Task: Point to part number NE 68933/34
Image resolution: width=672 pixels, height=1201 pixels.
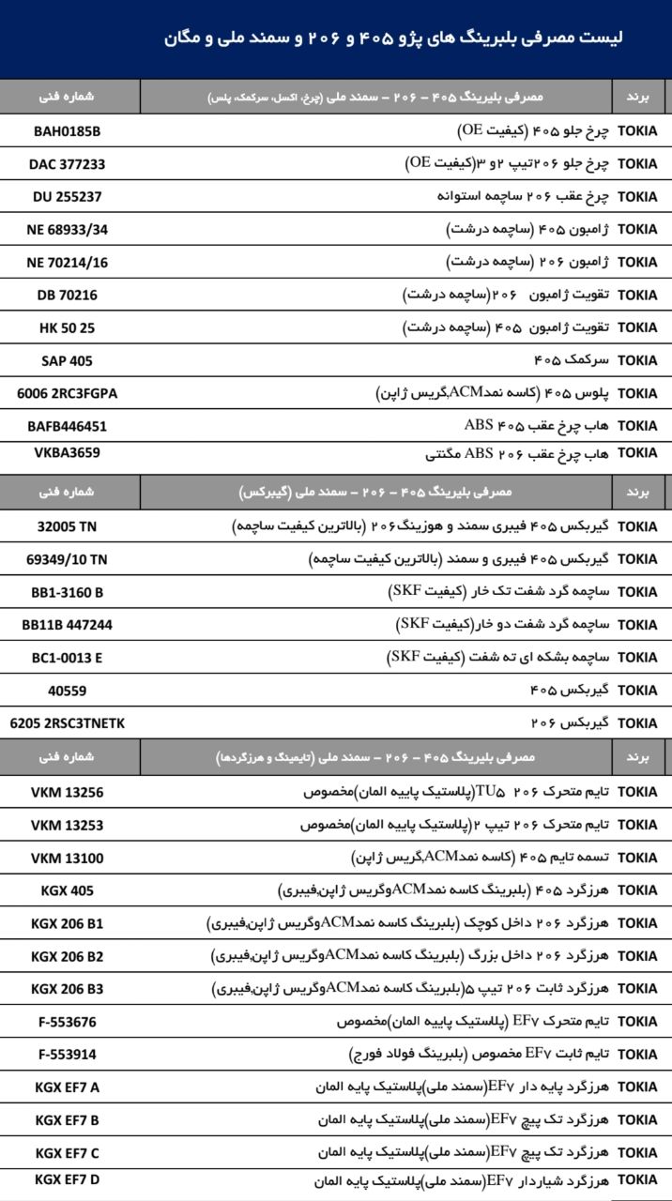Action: click(67, 229)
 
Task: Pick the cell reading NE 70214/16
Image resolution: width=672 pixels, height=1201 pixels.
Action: click(67, 262)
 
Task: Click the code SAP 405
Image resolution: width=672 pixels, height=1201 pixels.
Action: click(67, 360)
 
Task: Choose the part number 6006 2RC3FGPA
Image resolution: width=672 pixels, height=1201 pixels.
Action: click(67, 393)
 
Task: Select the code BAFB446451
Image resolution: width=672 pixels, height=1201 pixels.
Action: click(67, 426)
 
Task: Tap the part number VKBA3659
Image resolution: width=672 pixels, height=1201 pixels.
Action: click(67, 452)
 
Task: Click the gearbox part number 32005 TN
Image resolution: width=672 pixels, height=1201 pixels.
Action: click(67, 526)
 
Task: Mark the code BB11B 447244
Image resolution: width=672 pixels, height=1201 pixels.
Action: click(67, 625)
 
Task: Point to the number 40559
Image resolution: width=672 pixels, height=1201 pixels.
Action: click(67, 691)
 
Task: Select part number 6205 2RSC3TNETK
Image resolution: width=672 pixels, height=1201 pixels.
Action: click(67, 723)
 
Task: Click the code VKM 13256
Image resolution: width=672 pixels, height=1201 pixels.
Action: click(67, 792)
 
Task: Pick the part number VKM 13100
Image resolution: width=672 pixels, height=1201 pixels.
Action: click(67, 858)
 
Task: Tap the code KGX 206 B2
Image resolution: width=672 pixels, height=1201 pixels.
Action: click(67, 956)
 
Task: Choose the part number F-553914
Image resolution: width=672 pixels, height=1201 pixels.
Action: click(67, 1054)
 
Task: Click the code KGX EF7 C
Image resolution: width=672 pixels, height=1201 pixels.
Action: click(67, 1151)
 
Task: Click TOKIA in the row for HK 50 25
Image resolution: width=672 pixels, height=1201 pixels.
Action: click(638, 327)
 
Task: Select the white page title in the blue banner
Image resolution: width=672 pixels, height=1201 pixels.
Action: click(393, 38)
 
